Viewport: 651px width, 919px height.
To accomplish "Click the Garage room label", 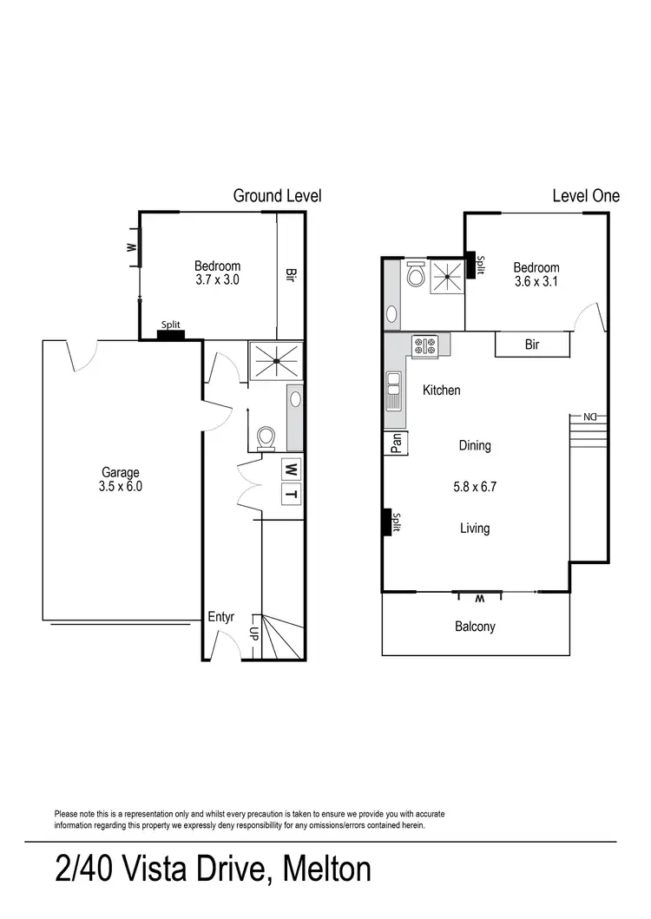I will tap(120, 472).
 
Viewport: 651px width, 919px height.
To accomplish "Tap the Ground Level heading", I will tap(277, 196).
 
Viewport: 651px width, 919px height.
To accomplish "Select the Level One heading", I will tap(586, 196).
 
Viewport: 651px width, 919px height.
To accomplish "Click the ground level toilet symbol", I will tap(267, 437).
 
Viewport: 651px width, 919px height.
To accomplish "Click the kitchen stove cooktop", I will tap(425, 347).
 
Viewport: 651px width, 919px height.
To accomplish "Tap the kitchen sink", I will tap(393, 390).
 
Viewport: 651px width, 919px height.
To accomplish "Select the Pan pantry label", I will tap(396, 444).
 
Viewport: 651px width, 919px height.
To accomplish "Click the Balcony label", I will tap(475, 626).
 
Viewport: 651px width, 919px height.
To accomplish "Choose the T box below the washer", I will tap(293, 495).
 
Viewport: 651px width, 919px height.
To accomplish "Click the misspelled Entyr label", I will tap(221, 618).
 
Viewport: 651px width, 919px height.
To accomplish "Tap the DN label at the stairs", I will tap(590, 417).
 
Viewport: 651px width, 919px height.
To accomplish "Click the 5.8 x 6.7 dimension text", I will tap(474, 487).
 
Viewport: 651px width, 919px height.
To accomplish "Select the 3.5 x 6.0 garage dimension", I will tap(121, 486).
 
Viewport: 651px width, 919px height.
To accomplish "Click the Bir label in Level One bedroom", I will tap(532, 345).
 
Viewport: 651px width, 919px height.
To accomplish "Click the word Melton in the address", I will tap(325, 868).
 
